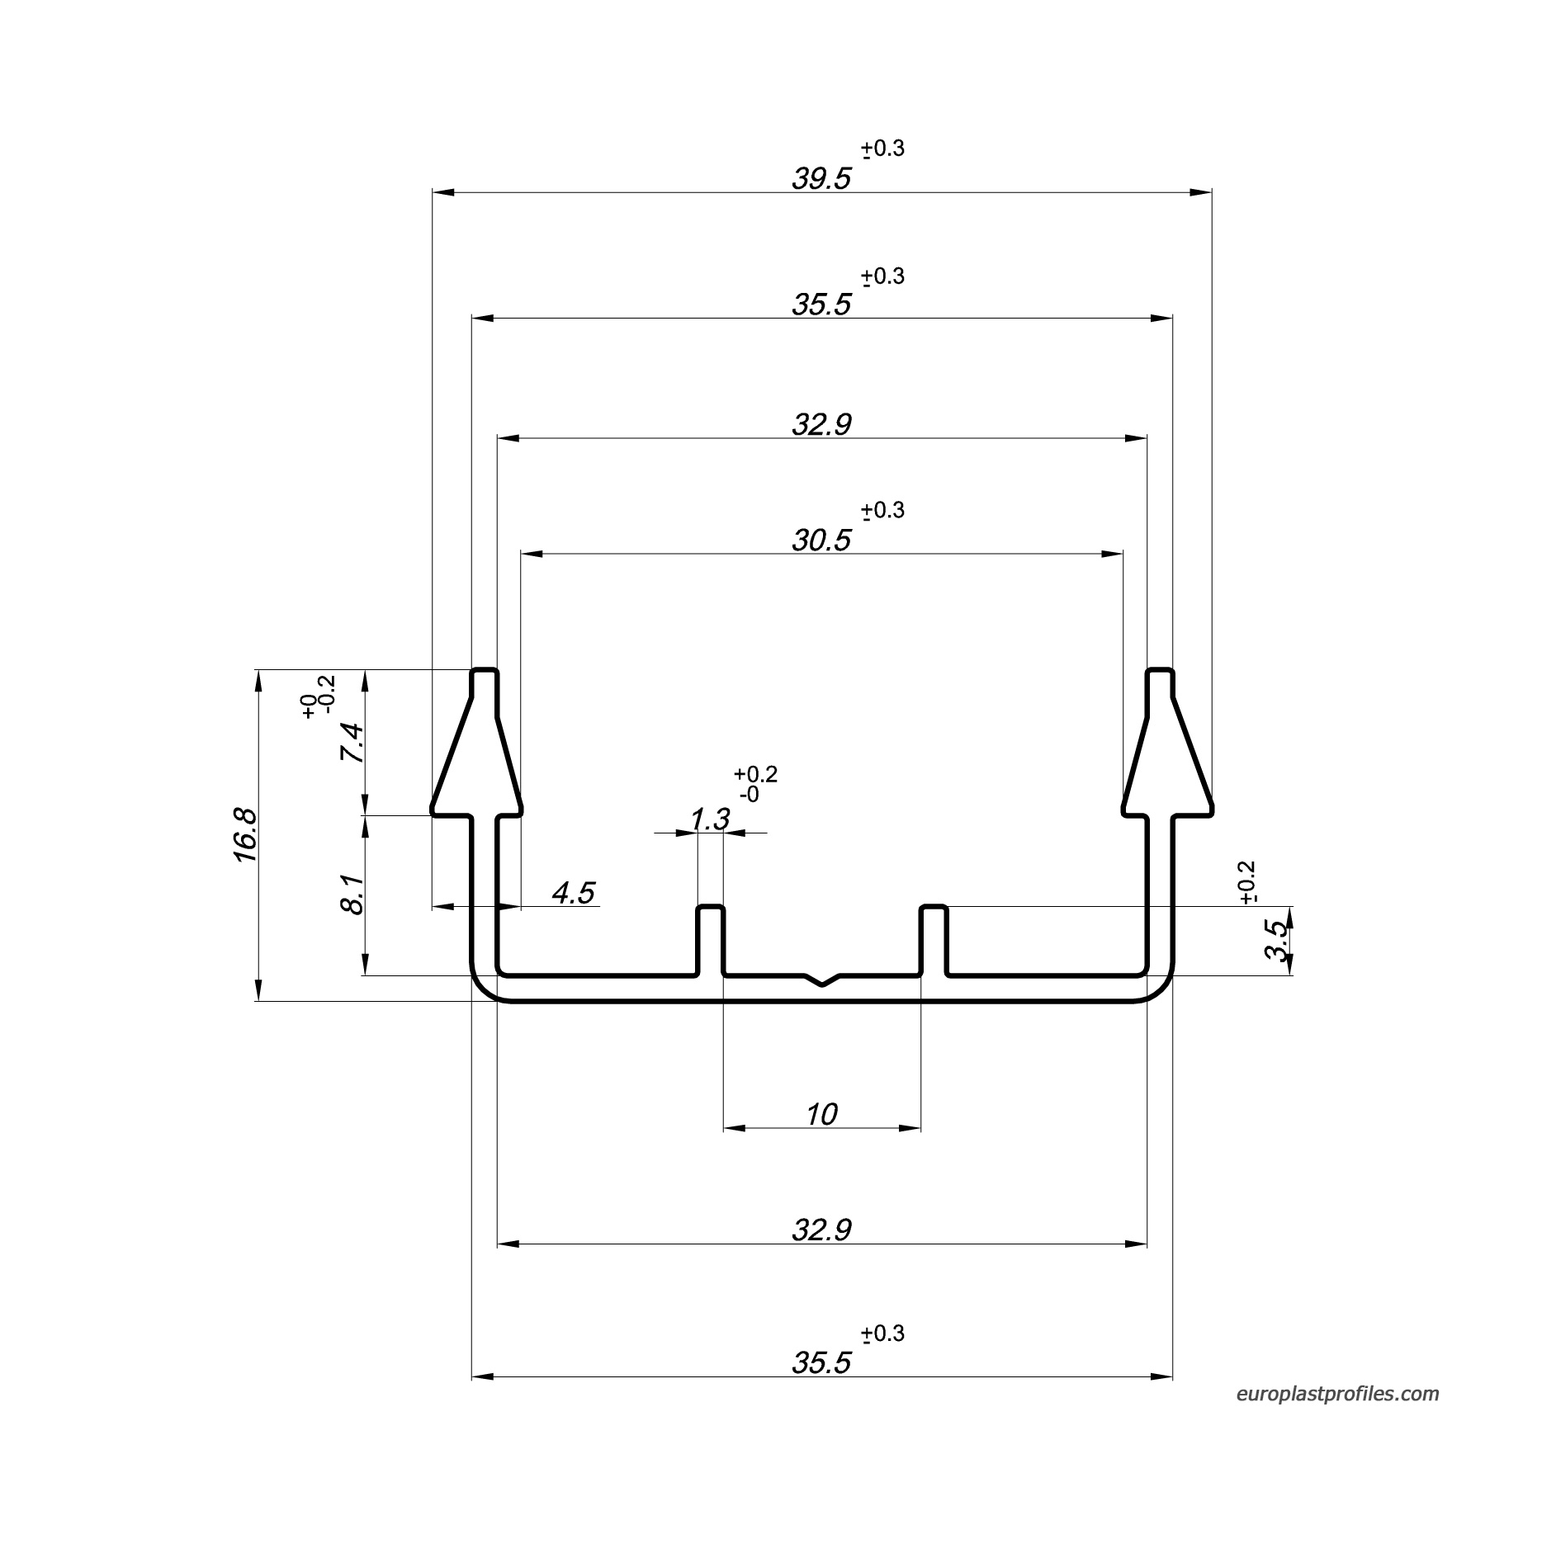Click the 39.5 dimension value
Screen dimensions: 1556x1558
tap(821, 178)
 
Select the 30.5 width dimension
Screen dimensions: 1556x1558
tap(821, 541)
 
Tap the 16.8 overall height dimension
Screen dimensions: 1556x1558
tap(246, 835)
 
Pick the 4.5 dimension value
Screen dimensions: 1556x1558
tap(573, 893)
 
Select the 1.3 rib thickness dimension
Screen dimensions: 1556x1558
tap(710, 819)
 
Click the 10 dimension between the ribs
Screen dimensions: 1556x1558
tap(821, 1115)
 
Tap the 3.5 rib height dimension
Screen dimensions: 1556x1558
tap(1275, 941)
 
